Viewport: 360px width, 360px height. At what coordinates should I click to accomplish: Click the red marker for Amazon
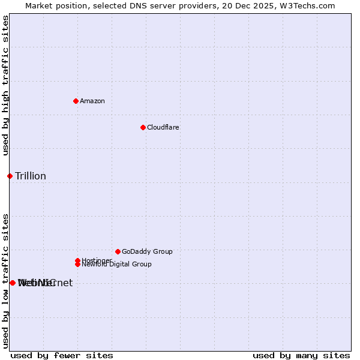(x=76, y=101)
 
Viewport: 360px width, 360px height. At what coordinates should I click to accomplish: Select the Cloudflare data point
(x=143, y=127)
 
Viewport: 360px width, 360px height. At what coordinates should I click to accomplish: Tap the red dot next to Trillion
(x=10, y=176)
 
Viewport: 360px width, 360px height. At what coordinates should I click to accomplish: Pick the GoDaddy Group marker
(x=118, y=251)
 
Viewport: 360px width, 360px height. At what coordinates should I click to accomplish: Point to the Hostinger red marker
(x=77, y=260)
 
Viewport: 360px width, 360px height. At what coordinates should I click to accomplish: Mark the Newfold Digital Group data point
(x=77, y=264)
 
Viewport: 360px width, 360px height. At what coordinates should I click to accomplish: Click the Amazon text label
(x=92, y=101)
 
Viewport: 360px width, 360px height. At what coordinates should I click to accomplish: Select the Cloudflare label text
(x=163, y=128)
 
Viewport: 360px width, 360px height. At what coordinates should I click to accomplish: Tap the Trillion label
(x=31, y=176)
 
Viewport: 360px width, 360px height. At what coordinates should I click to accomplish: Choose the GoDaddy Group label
(x=147, y=252)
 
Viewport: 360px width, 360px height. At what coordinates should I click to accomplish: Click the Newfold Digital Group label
(x=117, y=265)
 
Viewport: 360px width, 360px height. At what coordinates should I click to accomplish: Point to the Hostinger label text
(x=97, y=260)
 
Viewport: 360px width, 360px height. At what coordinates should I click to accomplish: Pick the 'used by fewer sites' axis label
(x=62, y=356)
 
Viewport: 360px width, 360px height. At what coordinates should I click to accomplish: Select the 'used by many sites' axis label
(x=301, y=356)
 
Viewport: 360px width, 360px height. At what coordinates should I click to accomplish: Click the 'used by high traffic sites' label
(x=6, y=85)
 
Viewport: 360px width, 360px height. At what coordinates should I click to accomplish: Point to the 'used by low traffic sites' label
(x=6, y=281)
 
